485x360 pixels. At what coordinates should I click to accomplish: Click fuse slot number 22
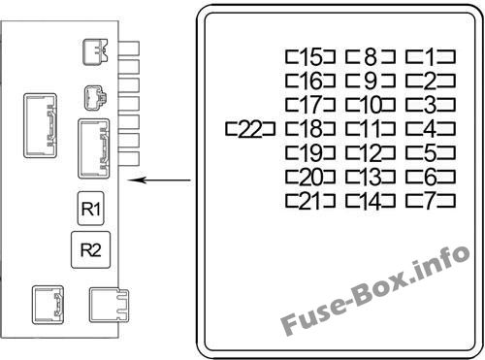pyautogui.click(x=250, y=129)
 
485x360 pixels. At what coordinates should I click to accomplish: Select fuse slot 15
pyautogui.click(x=310, y=56)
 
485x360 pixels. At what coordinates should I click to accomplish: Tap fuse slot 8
pyautogui.click(x=371, y=56)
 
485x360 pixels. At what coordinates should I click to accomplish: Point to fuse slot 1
pyautogui.click(x=431, y=56)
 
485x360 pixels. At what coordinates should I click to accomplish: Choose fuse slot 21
pyautogui.click(x=310, y=201)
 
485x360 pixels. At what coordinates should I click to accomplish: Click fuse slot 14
pyautogui.click(x=371, y=201)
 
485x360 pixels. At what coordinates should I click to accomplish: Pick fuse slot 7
pyautogui.click(x=431, y=201)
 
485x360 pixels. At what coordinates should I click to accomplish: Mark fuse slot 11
pyautogui.click(x=371, y=129)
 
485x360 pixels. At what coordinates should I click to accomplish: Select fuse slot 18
pyautogui.click(x=310, y=129)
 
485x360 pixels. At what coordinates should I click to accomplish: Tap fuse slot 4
pyautogui.click(x=431, y=129)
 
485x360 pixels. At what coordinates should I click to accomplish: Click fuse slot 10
pyautogui.click(x=371, y=105)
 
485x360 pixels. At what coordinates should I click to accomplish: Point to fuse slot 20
pyautogui.click(x=310, y=178)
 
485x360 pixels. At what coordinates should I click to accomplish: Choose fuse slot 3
pyautogui.click(x=431, y=105)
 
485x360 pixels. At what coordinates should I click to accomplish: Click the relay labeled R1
pyautogui.click(x=91, y=209)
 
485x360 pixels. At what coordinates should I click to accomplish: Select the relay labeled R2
pyautogui.click(x=91, y=249)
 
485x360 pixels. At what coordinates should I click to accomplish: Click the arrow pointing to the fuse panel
pyautogui.click(x=159, y=180)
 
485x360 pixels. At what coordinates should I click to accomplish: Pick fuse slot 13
pyautogui.click(x=371, y=178)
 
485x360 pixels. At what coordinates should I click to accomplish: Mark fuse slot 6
pyautogui.click(x=431, y=178)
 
